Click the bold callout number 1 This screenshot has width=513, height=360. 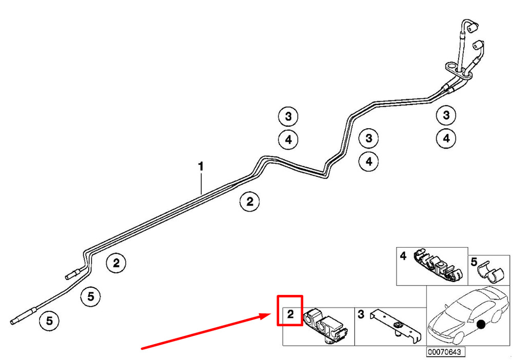pyautogui.click(x=201, y=167)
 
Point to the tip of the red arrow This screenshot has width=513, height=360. pyautogui.click(x=270, y=314)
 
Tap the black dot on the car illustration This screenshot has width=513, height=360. pyautogui.click(x=481, y=325)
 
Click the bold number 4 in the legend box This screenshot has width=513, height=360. pyautogui.click(x=403, y=255)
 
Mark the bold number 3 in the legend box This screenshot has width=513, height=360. pyautogui.click(x=361, y=314)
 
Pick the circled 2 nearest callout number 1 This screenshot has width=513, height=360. pyautogui.click(x=249, y=202)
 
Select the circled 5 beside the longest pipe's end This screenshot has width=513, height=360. pyautogui.click(x=49, y=321)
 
